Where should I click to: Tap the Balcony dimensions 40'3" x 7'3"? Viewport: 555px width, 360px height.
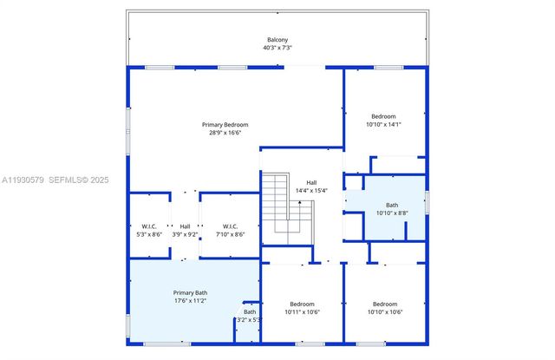[x=277, y=49]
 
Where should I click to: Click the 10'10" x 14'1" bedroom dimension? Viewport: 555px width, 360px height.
[x=383, y=124]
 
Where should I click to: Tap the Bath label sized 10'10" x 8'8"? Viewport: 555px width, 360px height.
[x=392, y=205]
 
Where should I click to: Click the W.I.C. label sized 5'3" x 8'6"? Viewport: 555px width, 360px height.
[x=148, y=226]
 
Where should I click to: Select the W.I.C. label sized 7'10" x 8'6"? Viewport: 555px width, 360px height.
[x=230, y=226]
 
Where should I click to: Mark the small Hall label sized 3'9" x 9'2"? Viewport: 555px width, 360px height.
[x=186, y=226]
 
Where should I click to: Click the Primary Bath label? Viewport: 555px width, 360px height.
[x=190, y=293]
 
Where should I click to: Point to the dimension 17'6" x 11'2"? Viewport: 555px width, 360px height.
[x=190, y=301]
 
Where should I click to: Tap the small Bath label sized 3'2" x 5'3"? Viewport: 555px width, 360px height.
[x=250, y=311]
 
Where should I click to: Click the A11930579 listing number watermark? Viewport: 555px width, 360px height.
[x=25, y=180]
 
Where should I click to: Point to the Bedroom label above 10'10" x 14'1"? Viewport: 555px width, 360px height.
[x=383, y=116]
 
